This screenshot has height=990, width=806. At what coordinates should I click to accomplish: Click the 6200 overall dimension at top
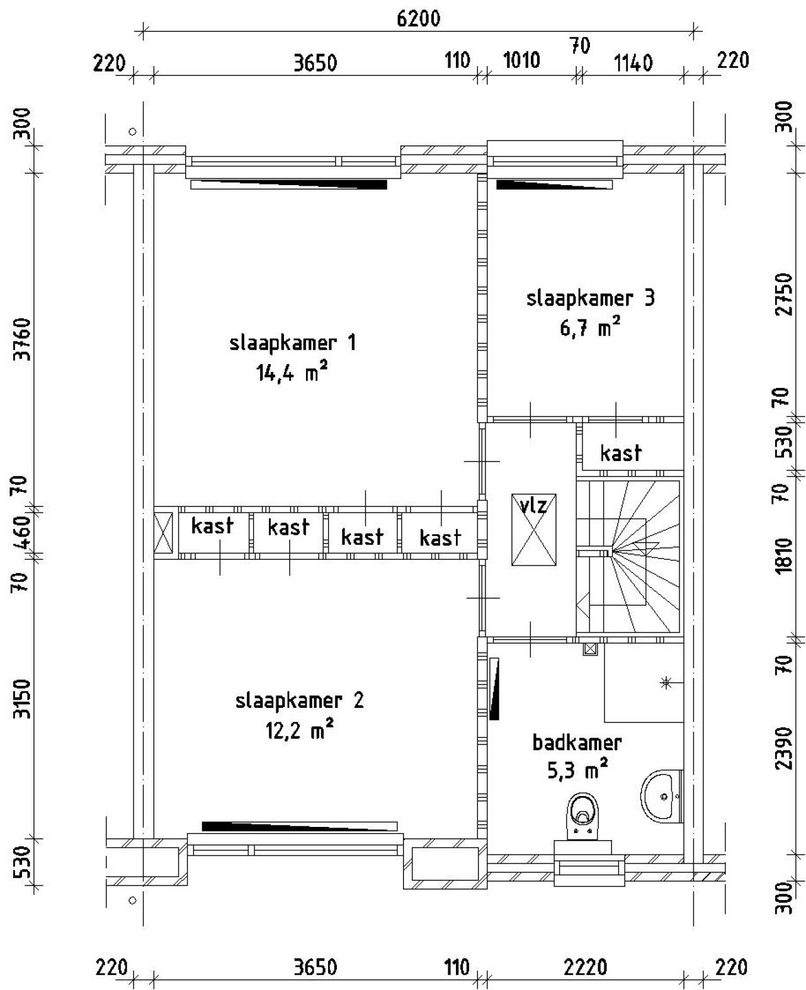[x=417, y=19]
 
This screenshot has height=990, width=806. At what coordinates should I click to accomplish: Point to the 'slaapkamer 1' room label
[x=293, y=343]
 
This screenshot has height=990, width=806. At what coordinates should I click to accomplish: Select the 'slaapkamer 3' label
[x=590, y=297]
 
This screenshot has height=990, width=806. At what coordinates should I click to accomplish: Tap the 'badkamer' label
[x=577, y=742]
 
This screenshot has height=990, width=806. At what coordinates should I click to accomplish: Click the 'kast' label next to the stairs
[x=621, y=453]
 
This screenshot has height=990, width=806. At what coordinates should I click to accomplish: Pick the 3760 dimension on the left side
[x=23, y=339]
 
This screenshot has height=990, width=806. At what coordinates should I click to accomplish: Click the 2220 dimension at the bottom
[x=586, y=967]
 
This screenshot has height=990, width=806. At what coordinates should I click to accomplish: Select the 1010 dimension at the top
[x=521, y=60]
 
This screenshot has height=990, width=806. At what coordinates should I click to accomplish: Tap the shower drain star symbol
[x=666, y=682]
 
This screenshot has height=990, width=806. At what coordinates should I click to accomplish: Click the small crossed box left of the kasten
[x=163, y=533]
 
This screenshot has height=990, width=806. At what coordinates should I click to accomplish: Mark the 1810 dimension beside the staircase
[x=783, y=556]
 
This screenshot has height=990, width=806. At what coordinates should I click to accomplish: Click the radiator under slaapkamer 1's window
[x=288, y=185]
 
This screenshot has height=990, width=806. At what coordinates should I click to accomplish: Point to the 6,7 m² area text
[x=590, y=327]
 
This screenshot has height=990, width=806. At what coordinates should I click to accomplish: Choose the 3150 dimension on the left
[x=23, y=698]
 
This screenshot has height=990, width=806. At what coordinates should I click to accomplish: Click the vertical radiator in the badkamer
[x=494, y=688]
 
